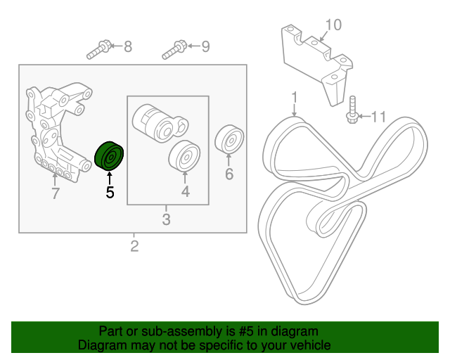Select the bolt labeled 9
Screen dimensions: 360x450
(x=174, y=50)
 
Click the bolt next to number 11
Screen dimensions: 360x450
(x=352, y=114)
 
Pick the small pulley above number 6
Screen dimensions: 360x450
(x=229, y=140)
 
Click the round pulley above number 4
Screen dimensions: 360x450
(x=185, y=155)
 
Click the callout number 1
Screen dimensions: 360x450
(x=295, y=96)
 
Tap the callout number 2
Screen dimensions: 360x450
(x=134, y=246)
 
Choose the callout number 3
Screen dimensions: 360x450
(x=167, y=220)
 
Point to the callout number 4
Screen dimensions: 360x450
(x=185, y=191)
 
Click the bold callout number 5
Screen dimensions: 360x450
(x=110, y=191)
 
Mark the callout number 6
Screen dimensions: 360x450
(x=229, y=174)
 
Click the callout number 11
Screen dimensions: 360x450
(x=379, y=116)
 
